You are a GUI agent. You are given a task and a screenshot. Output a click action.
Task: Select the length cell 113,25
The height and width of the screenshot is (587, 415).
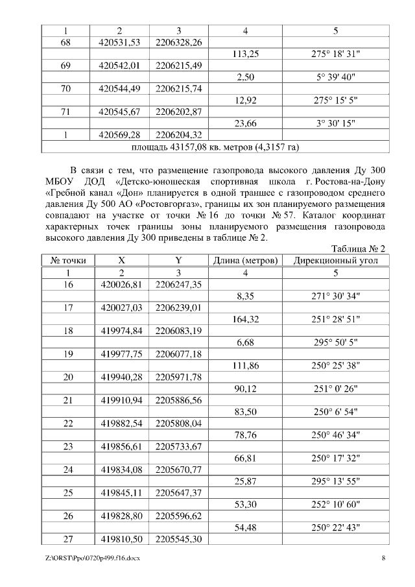point(245,54)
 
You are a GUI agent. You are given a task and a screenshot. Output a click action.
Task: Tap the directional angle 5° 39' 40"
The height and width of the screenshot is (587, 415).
point(335,77)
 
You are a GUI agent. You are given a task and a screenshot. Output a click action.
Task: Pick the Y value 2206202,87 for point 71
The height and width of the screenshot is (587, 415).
point(179,112)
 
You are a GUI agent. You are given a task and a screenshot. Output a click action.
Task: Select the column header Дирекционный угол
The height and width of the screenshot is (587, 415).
point(335,261)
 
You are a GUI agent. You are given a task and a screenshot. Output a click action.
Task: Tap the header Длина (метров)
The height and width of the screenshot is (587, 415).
point(245,261)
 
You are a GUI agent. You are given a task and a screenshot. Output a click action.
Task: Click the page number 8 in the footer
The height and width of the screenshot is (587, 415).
point(383,558)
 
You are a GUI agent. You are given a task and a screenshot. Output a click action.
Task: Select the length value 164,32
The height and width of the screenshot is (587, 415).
point(245,319)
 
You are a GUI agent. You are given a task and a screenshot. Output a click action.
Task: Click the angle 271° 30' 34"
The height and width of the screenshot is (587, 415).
point(335,296)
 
